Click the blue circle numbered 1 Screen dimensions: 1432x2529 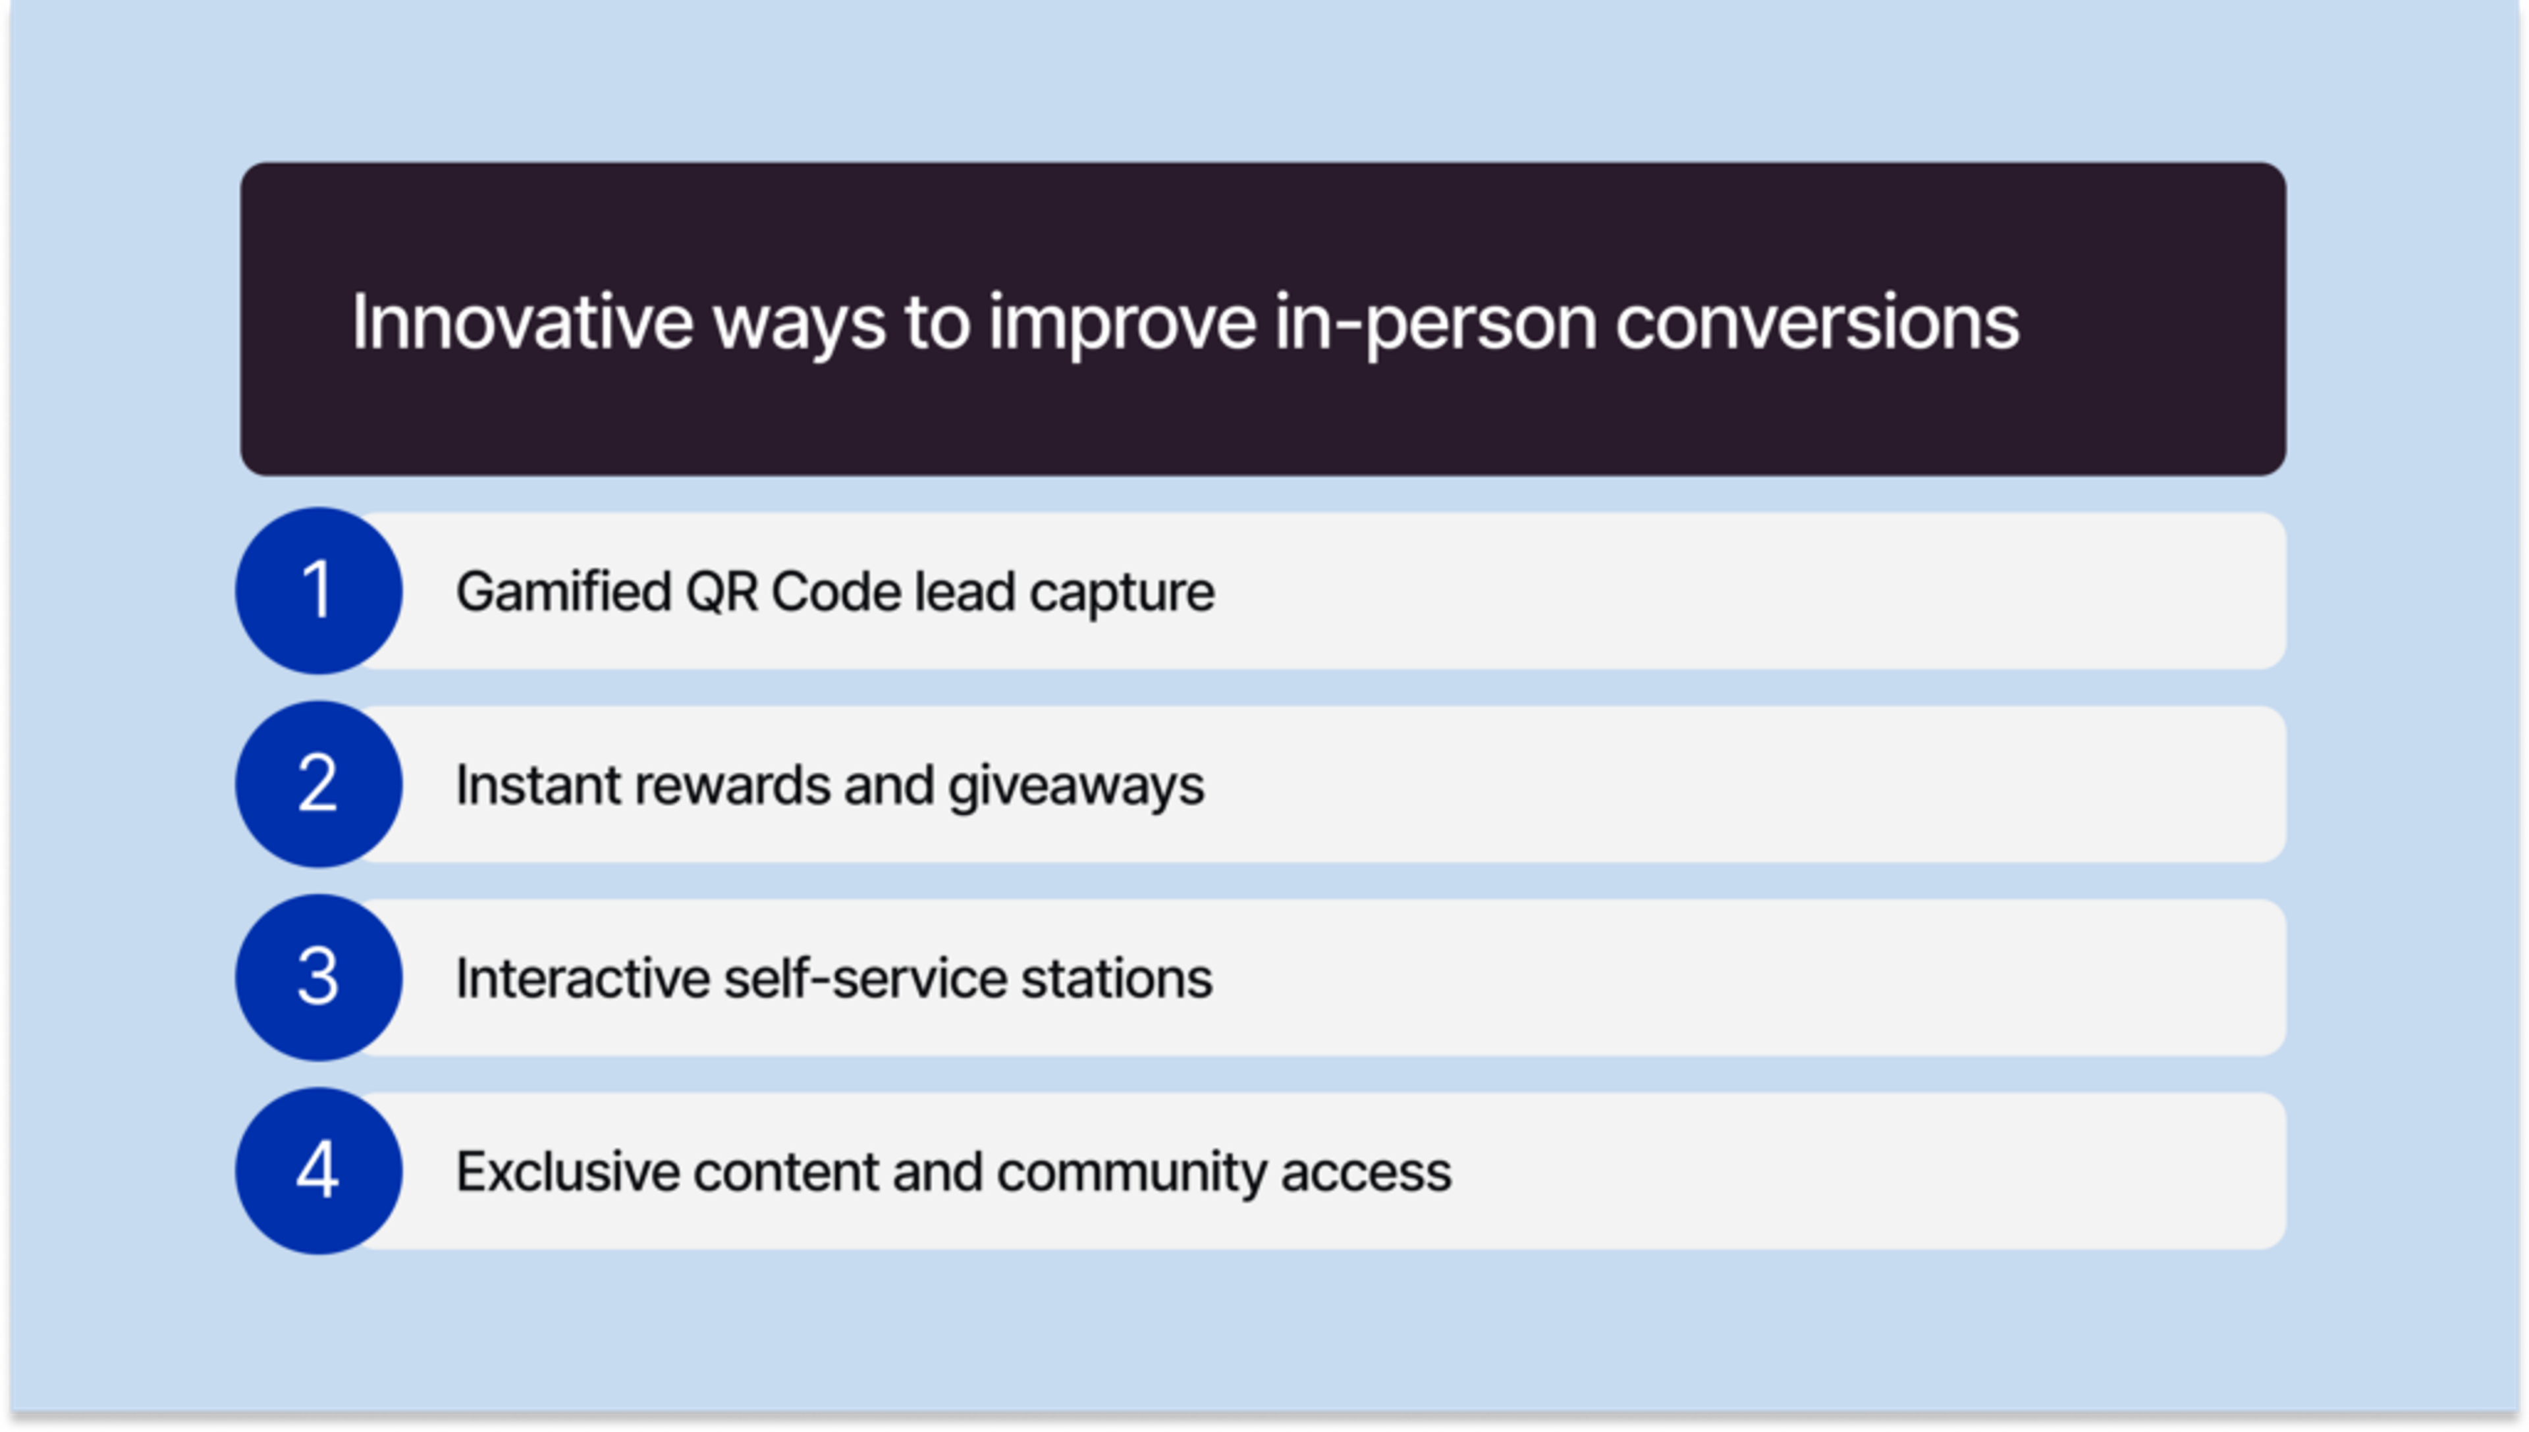tap(317, 591)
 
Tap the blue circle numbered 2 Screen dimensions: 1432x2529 tap(317, 784)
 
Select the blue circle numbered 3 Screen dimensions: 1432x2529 tap(317, 978)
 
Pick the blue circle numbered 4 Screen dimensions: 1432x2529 tap(317, 1171)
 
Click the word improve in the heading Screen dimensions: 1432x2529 tap(1122, 323)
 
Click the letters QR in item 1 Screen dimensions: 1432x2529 tap(722, 592)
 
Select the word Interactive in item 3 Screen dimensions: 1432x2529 tap(582, 978)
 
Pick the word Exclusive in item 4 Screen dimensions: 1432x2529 tap(566, 1171)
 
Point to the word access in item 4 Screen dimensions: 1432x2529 tap(1365, 1171)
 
